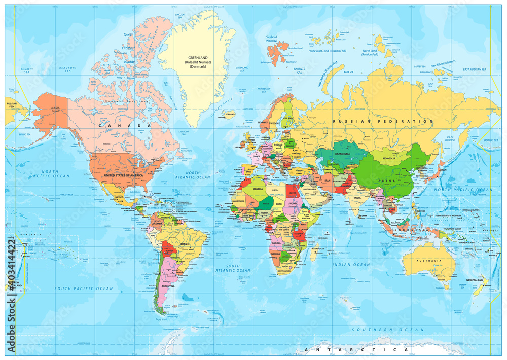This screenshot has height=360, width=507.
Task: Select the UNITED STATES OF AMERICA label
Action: (123, 175)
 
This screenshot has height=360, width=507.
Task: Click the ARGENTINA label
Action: (168, 286)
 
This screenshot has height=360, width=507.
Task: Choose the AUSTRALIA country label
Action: (427, 261)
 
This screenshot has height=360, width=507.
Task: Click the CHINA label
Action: (384, 181)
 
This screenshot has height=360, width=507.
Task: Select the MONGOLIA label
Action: (388, 158)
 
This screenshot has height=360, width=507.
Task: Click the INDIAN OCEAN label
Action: (351, 264)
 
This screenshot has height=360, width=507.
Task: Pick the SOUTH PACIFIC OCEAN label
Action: (84, 289)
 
